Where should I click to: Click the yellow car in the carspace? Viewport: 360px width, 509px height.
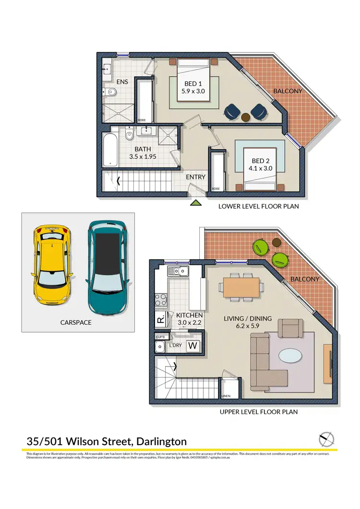click(52, 264)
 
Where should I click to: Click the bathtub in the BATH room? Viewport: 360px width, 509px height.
click(110, 150)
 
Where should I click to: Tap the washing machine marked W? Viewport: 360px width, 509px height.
click(193, 345)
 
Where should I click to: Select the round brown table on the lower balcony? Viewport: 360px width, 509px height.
click(246, 117)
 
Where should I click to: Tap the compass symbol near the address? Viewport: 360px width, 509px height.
click(326, 439)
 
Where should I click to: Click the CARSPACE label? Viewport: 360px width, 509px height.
click(76, 322)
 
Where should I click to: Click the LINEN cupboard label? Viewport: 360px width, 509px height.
click(226, 396)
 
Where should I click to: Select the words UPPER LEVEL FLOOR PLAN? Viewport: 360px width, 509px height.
click(258, 412)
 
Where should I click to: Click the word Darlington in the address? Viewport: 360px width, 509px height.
click(162, 441)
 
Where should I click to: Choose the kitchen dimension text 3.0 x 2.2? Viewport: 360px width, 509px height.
click(190, 323)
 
